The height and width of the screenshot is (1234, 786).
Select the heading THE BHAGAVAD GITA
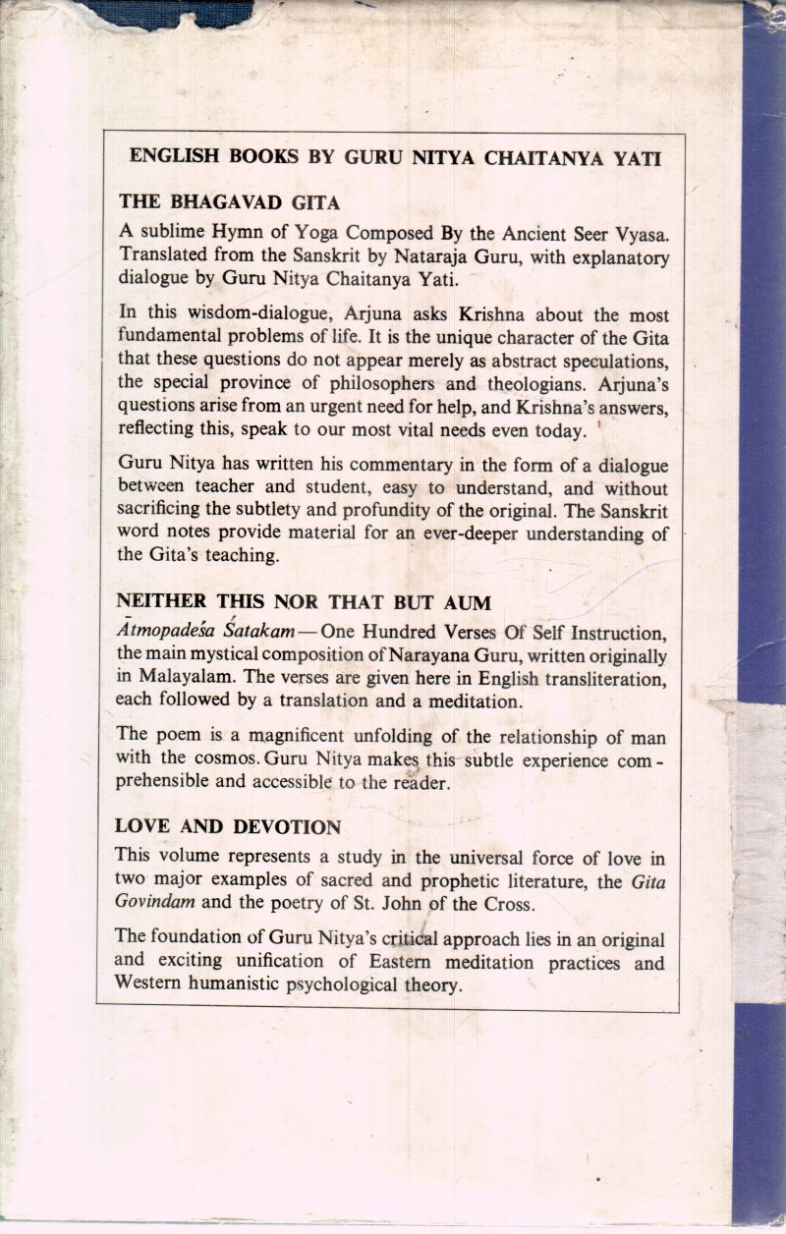229,202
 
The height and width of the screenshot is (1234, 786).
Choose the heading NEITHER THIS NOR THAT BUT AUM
303,601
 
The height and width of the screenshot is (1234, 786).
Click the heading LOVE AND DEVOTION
228,826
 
